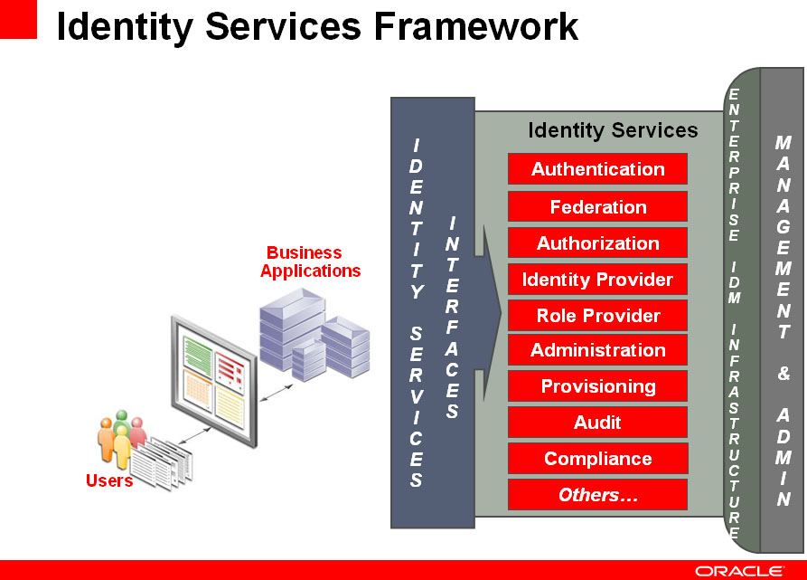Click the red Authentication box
pyautogui.click(x=597, y=168)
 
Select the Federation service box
pyautogui.click(x=597, y=206)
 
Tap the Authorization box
pyautogui.click(x=597, y=242)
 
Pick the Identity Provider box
pyautogui.click(x=597, y=280)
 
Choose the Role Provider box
pyautogui.click(x=597, y=315)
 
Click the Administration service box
pyautogui.click(x=597, y=350)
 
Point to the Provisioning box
pyautogui.click(x=597, y=385)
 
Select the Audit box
pyautogui.click(x=597, y=422)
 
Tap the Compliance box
pyautogui.click(x=597, y=458)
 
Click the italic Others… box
pyautogui.click(x=597, y=495)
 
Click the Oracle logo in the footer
pyautogui.click(x=739, y=571)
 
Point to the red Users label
pyautogui.click(x=109, y=480)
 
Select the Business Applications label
pyautogui.click(x=310, y=261)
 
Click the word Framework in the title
pyautogui.click(x=476, y=26)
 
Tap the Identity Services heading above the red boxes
pyautogui.click(x=613, y=129)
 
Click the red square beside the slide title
pyautogui.click(x=18, y=19)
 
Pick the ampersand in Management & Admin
pyautogui.click(x=784, y=373)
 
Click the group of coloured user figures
pyautogui.click(x=121, y=439)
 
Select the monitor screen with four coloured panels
pyautogui.click(x=214, y=382)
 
